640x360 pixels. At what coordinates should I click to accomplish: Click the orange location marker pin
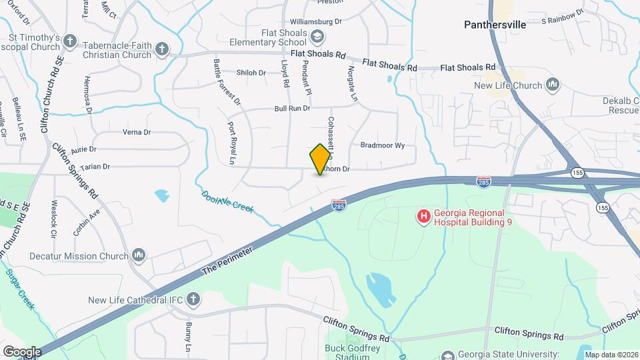(x=321, y=159)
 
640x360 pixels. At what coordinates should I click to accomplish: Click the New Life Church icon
(x=552, y=85)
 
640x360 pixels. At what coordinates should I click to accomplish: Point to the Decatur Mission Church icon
(x=139, y=255)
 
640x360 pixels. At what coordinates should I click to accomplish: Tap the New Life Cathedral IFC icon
(x=193, y=300)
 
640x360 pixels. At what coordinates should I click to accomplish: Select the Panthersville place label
(x=495, y=25)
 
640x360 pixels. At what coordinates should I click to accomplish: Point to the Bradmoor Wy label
(x=383, y=145)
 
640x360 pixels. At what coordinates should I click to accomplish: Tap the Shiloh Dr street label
(x=251, y=73)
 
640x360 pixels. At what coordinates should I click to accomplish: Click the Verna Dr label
(x=136, y=132)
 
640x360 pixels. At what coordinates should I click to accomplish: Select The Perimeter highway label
(x=227, y=262)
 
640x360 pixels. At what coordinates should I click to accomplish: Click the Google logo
(x=22, y=351)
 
